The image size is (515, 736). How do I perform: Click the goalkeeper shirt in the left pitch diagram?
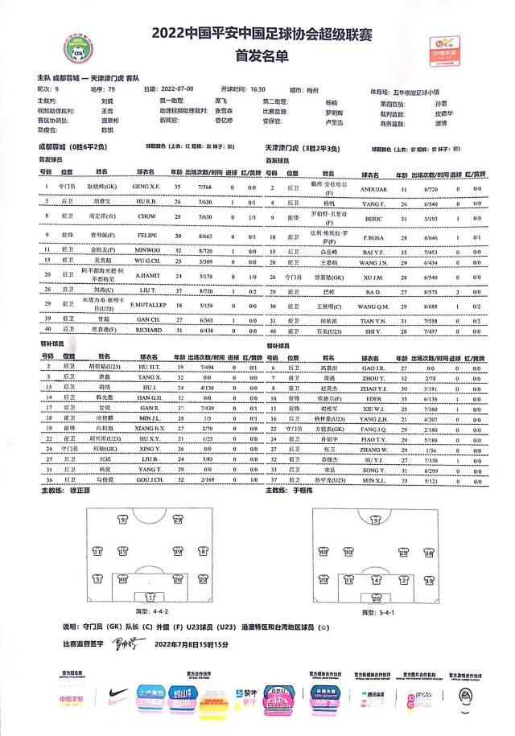pyautogui.click(x=150, y=598)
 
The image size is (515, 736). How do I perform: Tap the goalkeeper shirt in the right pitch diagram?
pyautogui.click(x=376, y=597)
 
